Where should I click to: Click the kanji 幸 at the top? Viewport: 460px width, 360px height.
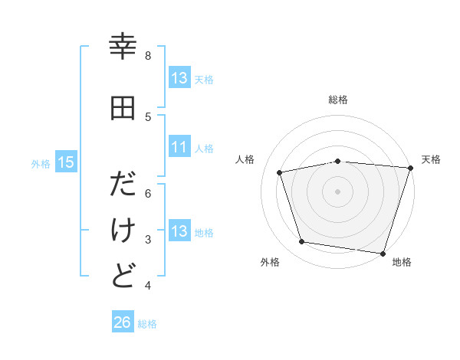(123, 47)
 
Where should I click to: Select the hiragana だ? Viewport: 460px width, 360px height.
(123, 186)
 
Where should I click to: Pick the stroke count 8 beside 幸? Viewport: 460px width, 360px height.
(148, 56)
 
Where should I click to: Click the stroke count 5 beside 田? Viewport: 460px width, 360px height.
(148, 116)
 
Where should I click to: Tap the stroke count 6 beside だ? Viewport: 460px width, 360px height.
(148, 194)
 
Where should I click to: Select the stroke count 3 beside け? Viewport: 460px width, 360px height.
(148, 240)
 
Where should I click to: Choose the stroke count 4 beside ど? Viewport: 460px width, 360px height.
(148, 286)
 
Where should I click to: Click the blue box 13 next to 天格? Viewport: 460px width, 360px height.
(179, 78)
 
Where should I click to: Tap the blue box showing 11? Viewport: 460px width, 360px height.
(179, 147)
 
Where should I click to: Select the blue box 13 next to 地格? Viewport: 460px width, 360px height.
(179, 231)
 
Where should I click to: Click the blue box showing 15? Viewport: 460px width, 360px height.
(65, 162)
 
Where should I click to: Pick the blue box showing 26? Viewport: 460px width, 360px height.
(122, 322)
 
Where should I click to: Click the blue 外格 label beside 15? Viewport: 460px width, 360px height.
(41, 162)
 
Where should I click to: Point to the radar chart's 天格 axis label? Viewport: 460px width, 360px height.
(431, 159)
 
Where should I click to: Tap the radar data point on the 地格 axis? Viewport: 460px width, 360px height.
(383, 253)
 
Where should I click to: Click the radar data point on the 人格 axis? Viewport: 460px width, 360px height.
(280, 172)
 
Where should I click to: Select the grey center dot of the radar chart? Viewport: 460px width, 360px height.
(337, 191)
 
